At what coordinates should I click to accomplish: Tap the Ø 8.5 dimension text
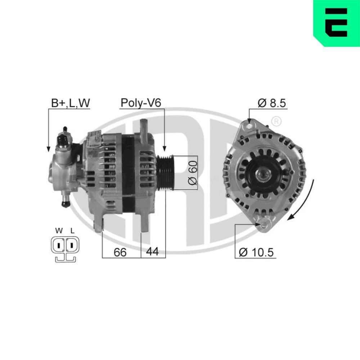coord(271,103)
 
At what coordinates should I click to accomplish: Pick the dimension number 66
coord(120,252)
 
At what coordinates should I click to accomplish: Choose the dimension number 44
coord(153,252)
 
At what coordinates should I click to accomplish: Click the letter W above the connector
coord(58,231)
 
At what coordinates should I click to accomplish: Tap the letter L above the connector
coord(72,231)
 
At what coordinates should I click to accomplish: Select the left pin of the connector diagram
coord(58,246)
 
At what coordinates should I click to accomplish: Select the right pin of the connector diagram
coord(72,246)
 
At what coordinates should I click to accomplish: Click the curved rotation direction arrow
coord(306,202)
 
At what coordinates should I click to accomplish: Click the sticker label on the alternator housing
coord(95,139)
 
